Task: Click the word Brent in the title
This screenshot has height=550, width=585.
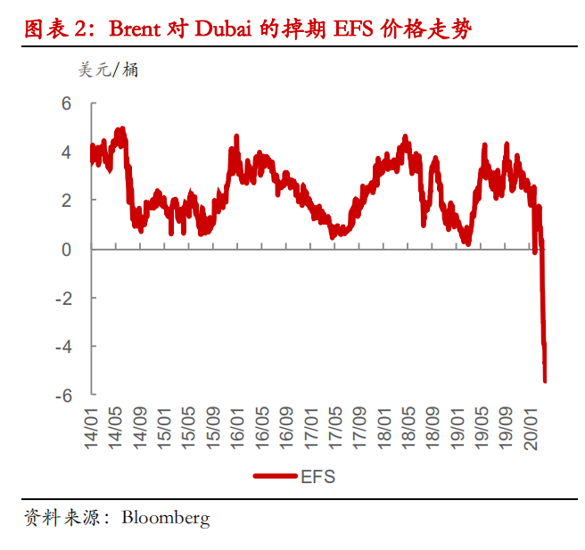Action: (x=137, y=29)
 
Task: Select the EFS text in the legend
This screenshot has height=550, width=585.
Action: (x=317, y=476)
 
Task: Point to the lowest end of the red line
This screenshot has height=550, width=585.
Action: (x=544, y=381)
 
